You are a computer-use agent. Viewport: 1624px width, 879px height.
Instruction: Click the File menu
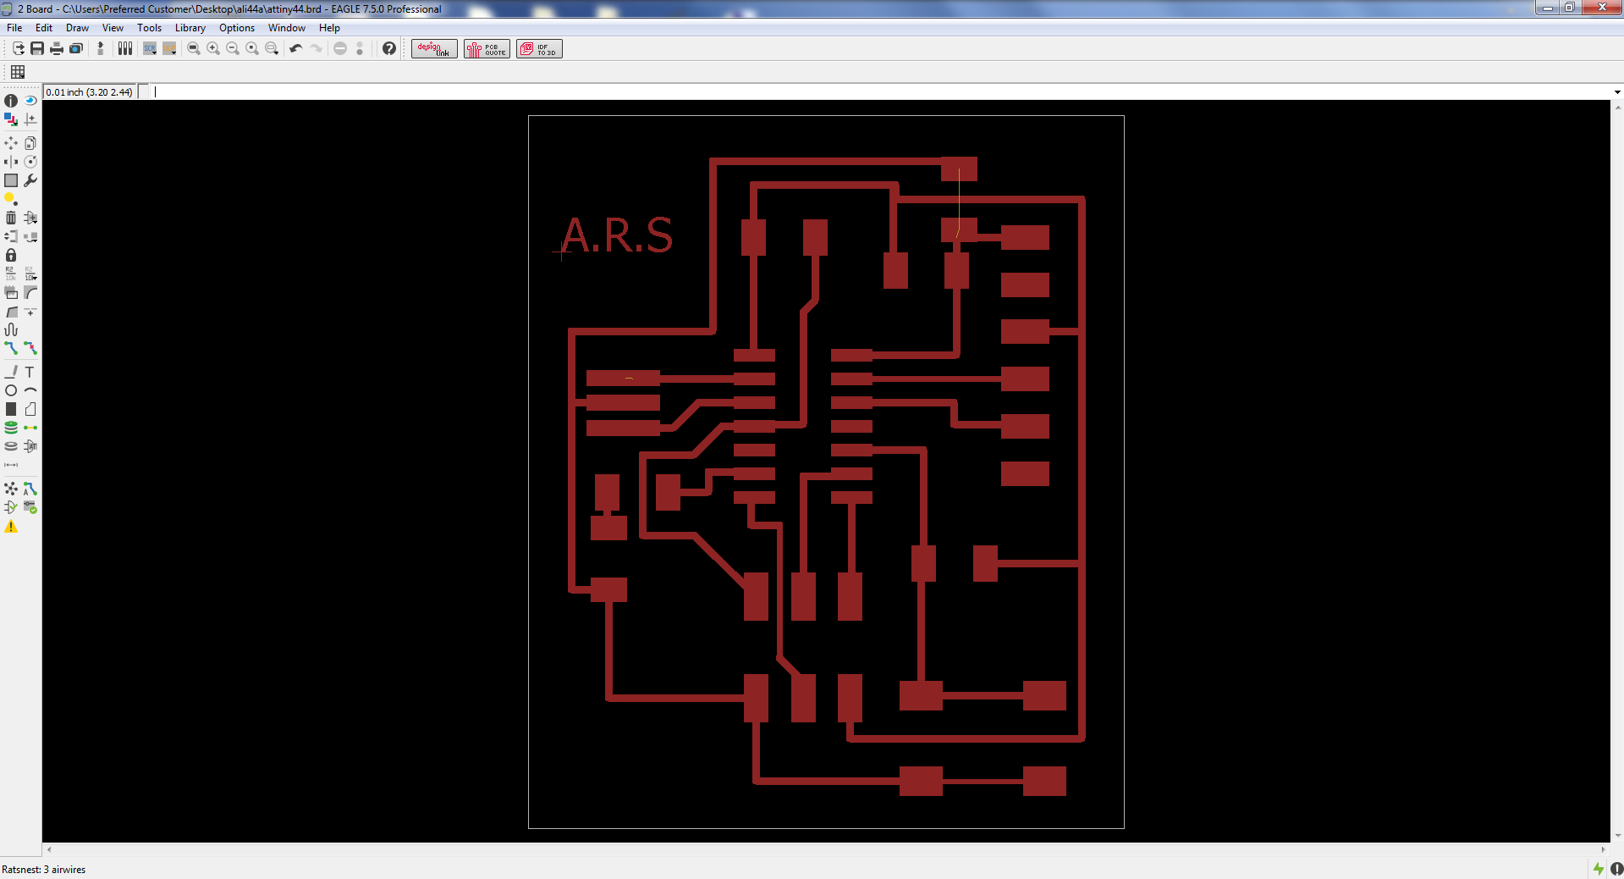click(14, 28)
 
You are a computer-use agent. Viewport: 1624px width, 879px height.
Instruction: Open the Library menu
click(190, 28)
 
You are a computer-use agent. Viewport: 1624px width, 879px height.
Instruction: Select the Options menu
click(237, 28)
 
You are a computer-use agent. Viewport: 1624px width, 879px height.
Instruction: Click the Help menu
click(329, 28)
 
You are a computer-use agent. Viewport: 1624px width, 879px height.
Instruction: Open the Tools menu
click(149, 28)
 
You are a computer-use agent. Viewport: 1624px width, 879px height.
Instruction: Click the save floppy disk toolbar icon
click(37, 49)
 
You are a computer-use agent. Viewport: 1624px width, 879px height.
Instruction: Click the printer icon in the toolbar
click(57, 49)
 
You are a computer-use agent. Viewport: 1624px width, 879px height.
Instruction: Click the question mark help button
click(388, 49)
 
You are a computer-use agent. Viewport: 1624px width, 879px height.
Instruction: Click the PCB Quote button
click(487, 49)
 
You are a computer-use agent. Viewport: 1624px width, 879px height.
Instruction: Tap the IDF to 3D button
click(539, 49)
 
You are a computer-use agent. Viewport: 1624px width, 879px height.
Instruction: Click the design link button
click(434, 49)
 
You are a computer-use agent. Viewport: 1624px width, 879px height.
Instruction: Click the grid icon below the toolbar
click(18, 72)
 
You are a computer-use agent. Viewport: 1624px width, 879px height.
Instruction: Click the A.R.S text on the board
click(617, 235)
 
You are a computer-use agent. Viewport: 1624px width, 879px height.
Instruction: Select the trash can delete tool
click(11, 218)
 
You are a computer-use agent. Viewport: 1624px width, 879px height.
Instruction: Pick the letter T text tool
click(30, 372)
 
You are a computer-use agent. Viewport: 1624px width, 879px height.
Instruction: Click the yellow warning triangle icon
click(11, 527)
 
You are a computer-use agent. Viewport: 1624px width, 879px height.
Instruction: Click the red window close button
click(1601, 8)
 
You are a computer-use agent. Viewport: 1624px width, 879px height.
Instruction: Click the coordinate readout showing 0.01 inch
click(90, 92)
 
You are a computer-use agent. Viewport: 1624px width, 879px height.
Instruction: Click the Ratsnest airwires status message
click(44, 870)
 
